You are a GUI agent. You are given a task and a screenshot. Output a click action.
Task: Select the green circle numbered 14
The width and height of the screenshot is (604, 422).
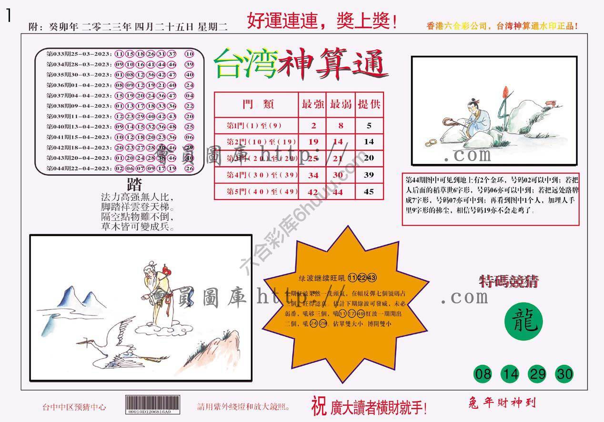[510, 374]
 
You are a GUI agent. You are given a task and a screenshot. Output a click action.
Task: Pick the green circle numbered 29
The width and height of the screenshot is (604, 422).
[537, 374]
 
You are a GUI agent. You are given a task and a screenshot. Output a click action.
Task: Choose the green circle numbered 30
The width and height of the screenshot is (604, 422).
[564, 374]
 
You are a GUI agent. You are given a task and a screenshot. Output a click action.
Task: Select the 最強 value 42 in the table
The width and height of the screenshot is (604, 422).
[313, 191]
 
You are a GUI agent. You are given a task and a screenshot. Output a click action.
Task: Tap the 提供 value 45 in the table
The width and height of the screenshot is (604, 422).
[369, 191]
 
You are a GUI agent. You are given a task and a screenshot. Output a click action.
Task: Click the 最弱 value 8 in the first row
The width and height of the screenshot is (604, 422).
[341, 126]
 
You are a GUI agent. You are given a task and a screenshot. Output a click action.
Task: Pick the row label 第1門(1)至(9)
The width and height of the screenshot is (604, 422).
[255, 126]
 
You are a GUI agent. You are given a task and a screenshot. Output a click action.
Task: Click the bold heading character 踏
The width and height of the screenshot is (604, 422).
[134, 185]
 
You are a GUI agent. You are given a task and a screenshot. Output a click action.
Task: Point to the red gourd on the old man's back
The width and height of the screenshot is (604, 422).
[166, 269]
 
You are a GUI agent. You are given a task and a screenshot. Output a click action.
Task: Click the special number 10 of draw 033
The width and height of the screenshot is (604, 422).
[189, 54]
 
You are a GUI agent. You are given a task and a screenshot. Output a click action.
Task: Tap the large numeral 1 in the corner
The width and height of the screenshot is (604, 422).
[8, 16]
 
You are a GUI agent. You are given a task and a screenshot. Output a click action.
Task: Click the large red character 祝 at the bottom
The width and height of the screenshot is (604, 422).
[319, 405]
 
